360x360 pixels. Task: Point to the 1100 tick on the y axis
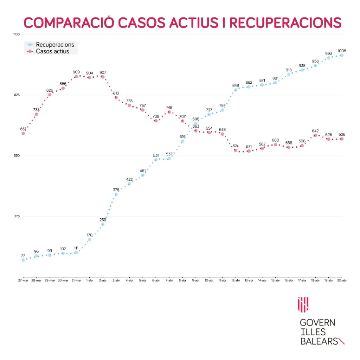click(17, 34)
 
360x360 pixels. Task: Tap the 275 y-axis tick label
click(17, 216)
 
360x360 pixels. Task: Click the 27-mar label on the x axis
click(23, 281)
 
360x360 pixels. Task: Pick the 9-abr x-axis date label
click(196, 281)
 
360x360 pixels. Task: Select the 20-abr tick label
click(342, 281)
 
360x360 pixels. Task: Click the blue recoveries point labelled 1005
click(341, 55)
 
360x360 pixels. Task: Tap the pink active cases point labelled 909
click(76, 76)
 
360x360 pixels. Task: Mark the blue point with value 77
click(23, 260)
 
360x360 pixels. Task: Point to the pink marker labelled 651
click(23, 133)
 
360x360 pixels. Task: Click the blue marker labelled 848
click(236, 90)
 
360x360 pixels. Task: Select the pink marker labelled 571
click(249, 151)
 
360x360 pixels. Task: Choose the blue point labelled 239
click(103, 224)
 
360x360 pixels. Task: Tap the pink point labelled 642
click(315, 135)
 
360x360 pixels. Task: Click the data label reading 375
click(116, 190)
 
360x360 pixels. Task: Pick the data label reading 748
click(169, 108)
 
